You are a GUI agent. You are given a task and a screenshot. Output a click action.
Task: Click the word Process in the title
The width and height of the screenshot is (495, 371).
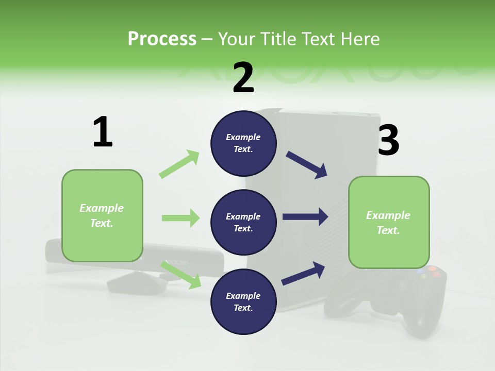[x=162, y=39]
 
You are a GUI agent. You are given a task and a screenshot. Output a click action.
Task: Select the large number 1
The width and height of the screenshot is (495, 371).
[x=103, y=132]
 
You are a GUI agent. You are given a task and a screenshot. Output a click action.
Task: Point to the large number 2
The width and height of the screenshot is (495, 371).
[x=243, y=78]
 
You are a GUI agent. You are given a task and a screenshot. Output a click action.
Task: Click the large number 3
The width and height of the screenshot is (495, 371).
[x=388, y=140]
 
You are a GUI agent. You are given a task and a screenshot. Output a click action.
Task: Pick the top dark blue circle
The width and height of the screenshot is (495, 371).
[x=243, y=143]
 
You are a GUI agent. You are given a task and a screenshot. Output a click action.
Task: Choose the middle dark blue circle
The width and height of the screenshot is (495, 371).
[x=243, y=222]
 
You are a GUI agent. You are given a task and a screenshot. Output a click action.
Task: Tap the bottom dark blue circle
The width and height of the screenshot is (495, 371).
[x=243, y=301]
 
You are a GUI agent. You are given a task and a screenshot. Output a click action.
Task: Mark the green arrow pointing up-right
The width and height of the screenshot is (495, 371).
[x=179, y=164]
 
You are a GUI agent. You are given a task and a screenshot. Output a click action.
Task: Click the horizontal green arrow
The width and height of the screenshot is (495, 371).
[x=180, y=218]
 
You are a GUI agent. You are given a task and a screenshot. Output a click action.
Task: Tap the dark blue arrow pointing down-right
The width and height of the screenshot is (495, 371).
[x=307, y=165]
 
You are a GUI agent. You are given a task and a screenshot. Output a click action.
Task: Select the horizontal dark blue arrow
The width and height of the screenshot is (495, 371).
[x=305, y=217]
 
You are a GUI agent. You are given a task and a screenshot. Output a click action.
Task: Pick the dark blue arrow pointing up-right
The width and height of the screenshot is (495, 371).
[x=304, y=273]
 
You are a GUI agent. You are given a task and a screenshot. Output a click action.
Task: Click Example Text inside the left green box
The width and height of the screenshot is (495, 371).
[x=102, y=215]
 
